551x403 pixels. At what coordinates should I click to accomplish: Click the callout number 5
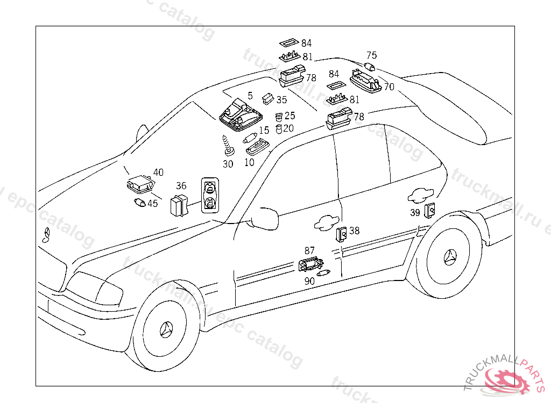coord(250,96)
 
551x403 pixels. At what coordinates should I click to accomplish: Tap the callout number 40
coord(158,172)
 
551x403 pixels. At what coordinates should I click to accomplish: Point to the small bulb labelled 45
coord(139,203)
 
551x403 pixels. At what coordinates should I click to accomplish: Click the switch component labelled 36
coord(178,206)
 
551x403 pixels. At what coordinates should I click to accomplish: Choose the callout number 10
coord(250,162)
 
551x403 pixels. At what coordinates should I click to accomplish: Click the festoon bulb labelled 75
coord(369,67)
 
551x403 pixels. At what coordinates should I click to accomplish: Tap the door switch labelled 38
coord(342,234)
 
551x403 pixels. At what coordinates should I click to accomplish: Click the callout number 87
coord(309,250)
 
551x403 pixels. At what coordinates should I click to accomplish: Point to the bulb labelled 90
coord(323,274)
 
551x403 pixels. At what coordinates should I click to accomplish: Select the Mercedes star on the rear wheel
coord(450,258)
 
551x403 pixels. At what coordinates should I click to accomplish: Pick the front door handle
coord(324,222)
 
